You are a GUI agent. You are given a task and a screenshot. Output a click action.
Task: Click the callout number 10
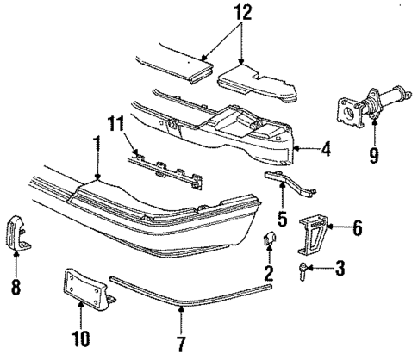83,332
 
